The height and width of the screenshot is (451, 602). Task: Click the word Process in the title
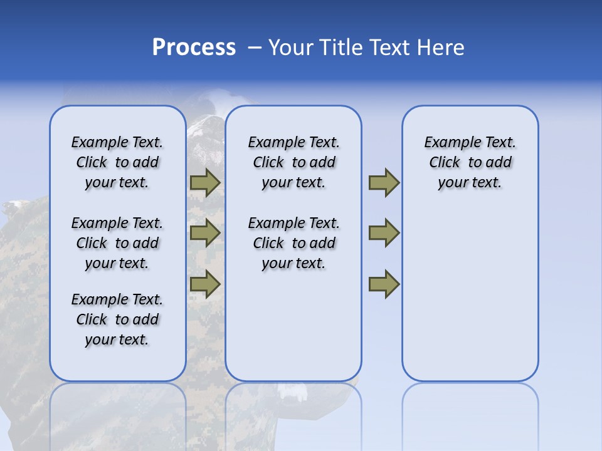coord(194,48)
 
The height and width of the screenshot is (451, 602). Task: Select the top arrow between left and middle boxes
coord(204,183)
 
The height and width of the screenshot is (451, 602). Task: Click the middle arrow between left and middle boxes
coord(204,233)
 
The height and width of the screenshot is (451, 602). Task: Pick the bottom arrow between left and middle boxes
coord(204,284)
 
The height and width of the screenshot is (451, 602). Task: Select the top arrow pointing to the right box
coord(384,183)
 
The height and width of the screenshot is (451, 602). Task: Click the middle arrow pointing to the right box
coord(384,233)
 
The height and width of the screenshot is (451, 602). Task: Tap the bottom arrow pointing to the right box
coord(384,284)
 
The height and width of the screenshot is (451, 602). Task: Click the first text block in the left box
coord(117,162)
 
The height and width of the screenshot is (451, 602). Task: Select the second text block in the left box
coord(117,243)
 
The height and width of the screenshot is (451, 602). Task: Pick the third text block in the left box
coord(117,319)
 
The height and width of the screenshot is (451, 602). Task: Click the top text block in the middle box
coord(293,162)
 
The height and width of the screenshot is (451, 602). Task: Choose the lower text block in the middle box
coord(293,243)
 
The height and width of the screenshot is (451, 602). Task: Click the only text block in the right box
coord(470,162)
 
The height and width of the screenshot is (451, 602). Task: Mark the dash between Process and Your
coord(255,48)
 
